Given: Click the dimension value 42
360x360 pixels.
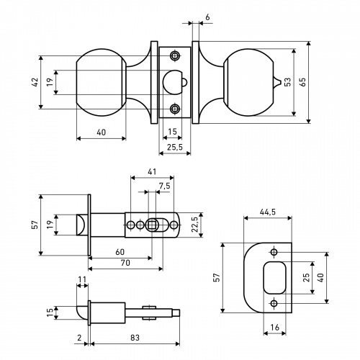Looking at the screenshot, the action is click(x=35, y=82).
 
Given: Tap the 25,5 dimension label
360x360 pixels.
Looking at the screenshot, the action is click(x=175, y=147).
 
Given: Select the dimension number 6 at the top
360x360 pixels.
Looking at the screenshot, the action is click(x=207, y=17).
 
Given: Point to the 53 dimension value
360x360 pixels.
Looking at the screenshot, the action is click(x=288, y=82).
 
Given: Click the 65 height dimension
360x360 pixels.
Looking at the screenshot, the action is click(x=302, y=82).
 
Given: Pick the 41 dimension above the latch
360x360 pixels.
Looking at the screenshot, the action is click(x=152, y=171).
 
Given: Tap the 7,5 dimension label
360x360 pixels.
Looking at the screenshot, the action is click(x=164, y=186).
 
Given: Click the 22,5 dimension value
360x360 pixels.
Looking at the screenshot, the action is click(x=194, y=225).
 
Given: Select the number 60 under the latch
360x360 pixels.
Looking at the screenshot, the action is click(x=120, y=252).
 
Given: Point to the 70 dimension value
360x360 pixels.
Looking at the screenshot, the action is click(x=125, y=263).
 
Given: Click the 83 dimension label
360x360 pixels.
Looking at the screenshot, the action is click(x=135, y=338).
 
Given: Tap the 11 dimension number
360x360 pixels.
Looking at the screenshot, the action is click(x=82, y=279).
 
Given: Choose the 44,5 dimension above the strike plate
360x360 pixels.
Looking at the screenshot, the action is click(x=268, y=212).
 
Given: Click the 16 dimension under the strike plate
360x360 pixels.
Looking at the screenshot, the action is click(x=275, y=327).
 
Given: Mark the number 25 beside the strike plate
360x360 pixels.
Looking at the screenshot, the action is click(x=307, y=277).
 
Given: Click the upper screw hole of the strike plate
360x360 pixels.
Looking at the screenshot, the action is click(x=274, y=252).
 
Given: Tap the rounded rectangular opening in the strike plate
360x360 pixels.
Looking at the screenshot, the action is click(x=275, y=278).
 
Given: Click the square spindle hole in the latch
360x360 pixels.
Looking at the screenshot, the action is click(x=152, y=225).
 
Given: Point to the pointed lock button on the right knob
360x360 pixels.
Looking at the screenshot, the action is click(x=276, y=82).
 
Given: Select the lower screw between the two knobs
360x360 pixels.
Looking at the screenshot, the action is click(x=174, y=109).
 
